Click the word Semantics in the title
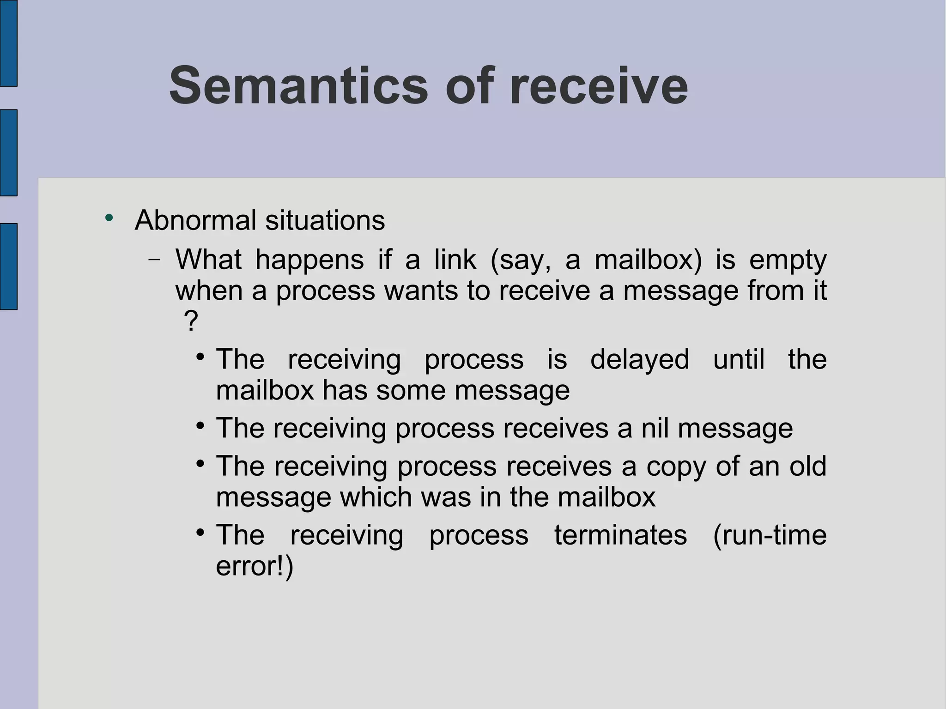tap(298, 86)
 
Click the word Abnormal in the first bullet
tap(195, 220)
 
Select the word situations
tap(325, 220)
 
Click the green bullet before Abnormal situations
tap(109, 218)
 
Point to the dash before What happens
tap(154, 260)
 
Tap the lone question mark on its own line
tap(191, 321)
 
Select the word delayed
tap(640, 359)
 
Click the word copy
tap(676, 467)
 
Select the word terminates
tap(620, 535)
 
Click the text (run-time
tap(770, 535)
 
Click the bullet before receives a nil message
tap(200, 425)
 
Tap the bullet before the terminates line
tap(200, 533)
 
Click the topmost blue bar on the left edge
tap(8, 43)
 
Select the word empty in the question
tap(788, 261)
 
